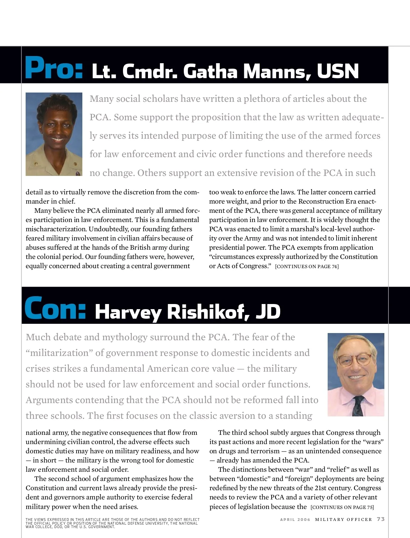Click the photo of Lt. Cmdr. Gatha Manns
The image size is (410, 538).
pyautogui.click(x=54, y=134)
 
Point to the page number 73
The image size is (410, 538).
pyautogui.click(x=381, y=519)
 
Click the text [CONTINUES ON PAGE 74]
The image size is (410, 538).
pyautogui.click(x=307, y=266)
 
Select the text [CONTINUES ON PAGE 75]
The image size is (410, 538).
pyautogui.click(x=342, y=507)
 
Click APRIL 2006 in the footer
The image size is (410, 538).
pyautogui.click(x=295, y=520)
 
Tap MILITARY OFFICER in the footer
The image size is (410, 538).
pyautogui.click(x=343, y=520)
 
